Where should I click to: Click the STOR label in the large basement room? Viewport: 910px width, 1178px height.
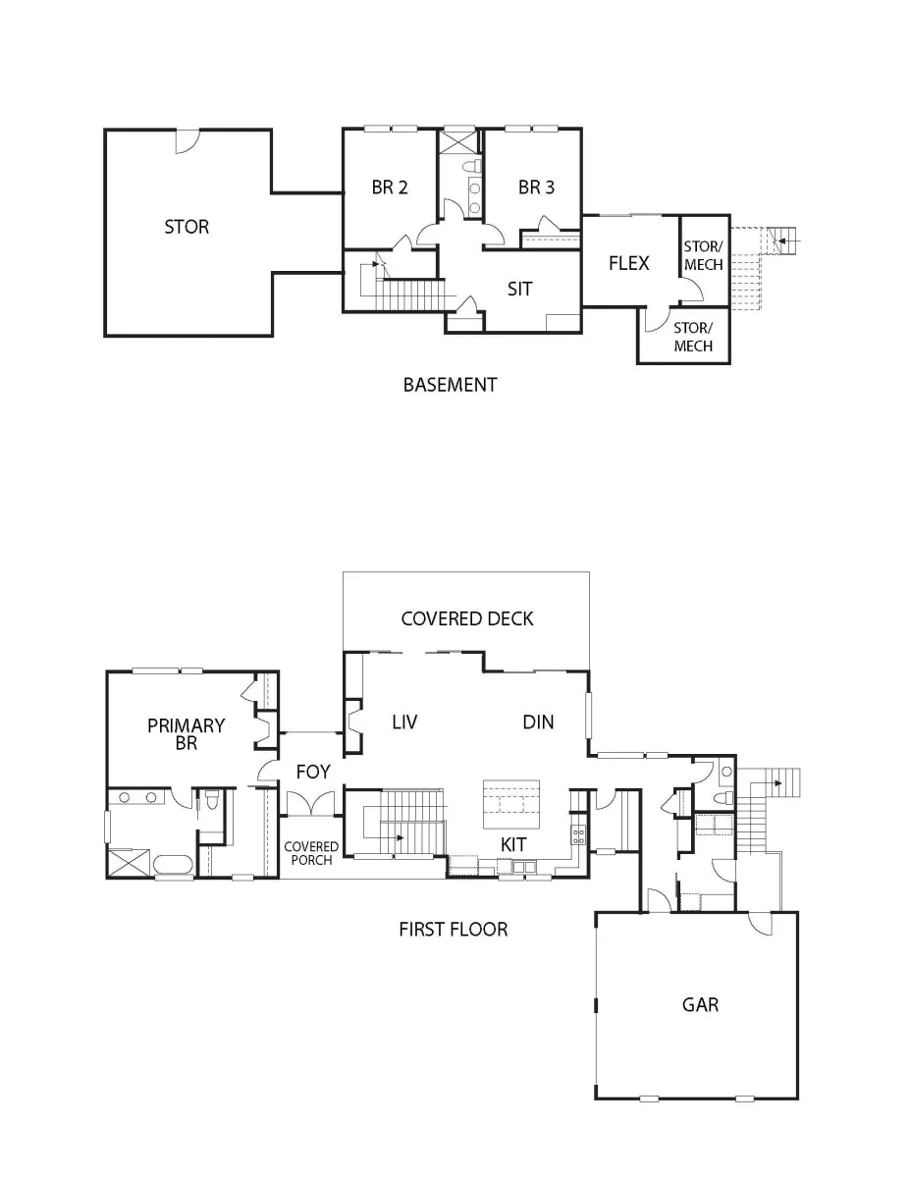pyautogui.click(x=187, y=227)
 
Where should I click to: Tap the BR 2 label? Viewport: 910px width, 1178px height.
pyautogui.click(x=389, y=187)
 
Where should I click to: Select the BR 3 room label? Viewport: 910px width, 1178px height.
pyautogui.click(x=536, y=187)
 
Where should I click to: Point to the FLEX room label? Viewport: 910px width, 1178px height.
pyautogui.click(x=628, y=263)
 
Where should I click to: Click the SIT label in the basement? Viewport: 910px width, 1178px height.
pyautogui.click(x=519, y=290)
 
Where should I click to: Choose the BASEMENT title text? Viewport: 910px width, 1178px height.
pyautogui.click(x=450, y=385)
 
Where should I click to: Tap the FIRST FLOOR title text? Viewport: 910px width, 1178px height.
pyautogui.click(x=454, y=930)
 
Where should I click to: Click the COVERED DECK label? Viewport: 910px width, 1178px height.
pyautogui.click(x=467, y=619)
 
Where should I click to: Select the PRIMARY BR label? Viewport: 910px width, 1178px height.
pyautogui.click(x=186, y=734)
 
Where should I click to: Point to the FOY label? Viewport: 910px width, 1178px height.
pyautogui.click(x=313, y=772)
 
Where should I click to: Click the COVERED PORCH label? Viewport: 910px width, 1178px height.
pyautogui.click(x=311, y=853)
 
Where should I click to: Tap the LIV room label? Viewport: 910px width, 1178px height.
pyautogui.click(x=404, y=723)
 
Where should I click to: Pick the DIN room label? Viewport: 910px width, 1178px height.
pyautogui.click(x=538, y=723)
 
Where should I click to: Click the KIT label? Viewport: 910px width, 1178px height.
pyautogui.click(x=512, y=844)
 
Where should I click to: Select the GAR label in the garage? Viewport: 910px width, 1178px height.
pyautogui.click(x=700, y=1004)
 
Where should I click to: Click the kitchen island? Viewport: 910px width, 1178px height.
pyautogui.click(x=511, y=805)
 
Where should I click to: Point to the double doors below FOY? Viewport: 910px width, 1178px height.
pyautogui.click(x=310, y=803)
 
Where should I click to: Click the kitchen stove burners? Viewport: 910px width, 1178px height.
pyautogui.click(x=578, y=834)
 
